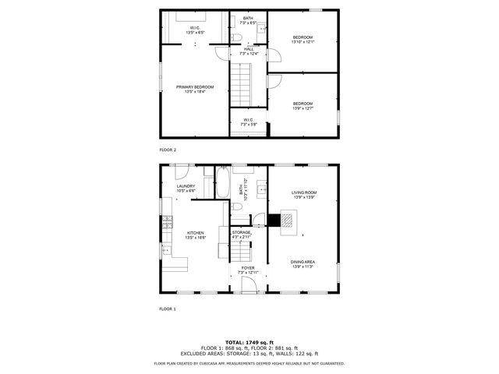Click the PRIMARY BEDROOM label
pyautogui.click(x=194, y=86)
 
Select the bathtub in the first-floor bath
pyautogui.click(x=221, y=185)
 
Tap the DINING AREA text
pyautogui.click(x=303, y=262)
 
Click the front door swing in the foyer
pyautogui.click(x=249, y=286)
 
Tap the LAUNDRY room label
pyautogui.click(x=186, y=186)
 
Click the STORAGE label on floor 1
pyautogui.click(x=241, y=231)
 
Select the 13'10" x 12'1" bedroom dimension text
pyautogui.click(x=303, y=42)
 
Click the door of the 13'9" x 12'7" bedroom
pyautogui.click(x=274, y=81)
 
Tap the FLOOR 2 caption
pyautogui.click(x=168, y=149)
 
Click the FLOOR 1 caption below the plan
pyautogui.click(x=168, y=309)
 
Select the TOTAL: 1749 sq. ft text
pyautogui.click(x=249, y=342)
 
